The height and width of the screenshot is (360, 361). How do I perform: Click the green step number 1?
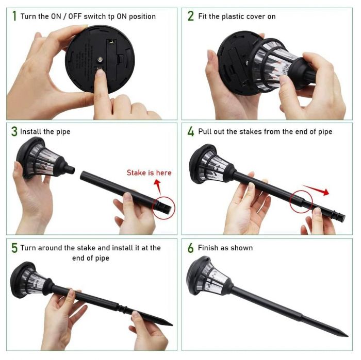tap(14, 16)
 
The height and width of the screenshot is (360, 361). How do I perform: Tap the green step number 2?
tap(191, 16)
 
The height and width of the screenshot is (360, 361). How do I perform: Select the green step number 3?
tap(14, 131)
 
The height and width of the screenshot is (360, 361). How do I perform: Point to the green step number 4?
tap(191, 131)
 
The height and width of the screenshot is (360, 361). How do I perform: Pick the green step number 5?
tap(14, 248)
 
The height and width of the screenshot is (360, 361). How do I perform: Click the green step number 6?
tap(191, 248)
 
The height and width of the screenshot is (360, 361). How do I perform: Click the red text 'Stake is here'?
tap(149, 173)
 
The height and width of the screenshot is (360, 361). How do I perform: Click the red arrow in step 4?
tap(316, 190)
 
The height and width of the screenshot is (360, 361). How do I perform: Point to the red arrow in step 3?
tap(158, 186)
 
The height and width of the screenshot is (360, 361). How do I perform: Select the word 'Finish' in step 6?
tap(208, 248)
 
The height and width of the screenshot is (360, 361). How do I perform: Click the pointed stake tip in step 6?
tap(347, 336)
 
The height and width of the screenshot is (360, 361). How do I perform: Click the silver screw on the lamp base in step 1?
tap(100, 60)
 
